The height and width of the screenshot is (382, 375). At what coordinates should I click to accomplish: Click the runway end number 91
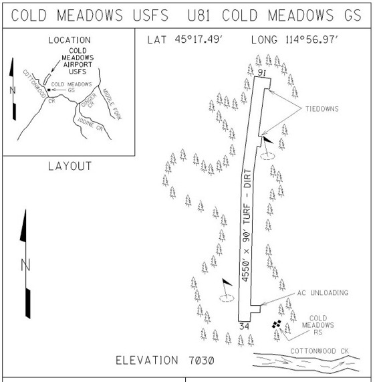[261, 73]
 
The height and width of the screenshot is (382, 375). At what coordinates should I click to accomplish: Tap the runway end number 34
[244, 326]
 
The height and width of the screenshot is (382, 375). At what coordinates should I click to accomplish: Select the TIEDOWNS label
[322, 109]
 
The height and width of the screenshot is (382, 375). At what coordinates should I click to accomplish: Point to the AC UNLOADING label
[323, 292]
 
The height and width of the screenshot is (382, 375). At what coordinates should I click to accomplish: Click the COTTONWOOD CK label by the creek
[320, 351]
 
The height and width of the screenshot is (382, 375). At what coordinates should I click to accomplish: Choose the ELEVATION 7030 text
[165, 361]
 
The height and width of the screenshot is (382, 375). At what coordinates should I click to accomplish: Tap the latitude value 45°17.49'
[199, 39]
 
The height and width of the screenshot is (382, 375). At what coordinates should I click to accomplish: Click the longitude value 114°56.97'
[311, 39]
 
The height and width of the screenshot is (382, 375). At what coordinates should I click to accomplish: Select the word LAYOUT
[70, 166]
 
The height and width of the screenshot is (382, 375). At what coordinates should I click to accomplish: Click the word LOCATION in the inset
[70, 40]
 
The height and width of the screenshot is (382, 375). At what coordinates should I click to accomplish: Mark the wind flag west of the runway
[227, 290]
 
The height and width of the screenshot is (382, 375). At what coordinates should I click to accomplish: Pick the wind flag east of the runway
[267, 148]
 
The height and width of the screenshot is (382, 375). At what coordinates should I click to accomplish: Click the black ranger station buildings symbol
[277, 324]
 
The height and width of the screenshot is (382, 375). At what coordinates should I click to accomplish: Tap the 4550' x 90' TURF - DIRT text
[247, 225]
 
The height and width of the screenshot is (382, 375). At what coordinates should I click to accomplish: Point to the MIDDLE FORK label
[112, 104]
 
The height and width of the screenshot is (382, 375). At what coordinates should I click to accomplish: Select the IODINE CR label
[90, 124]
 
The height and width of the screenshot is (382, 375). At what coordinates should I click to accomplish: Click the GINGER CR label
[89, 100]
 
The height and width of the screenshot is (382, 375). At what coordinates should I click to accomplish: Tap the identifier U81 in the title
[199, 15]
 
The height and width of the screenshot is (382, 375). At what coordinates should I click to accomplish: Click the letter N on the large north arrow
[25, 265]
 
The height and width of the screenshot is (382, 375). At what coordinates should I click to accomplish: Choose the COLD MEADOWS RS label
[318, 325]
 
